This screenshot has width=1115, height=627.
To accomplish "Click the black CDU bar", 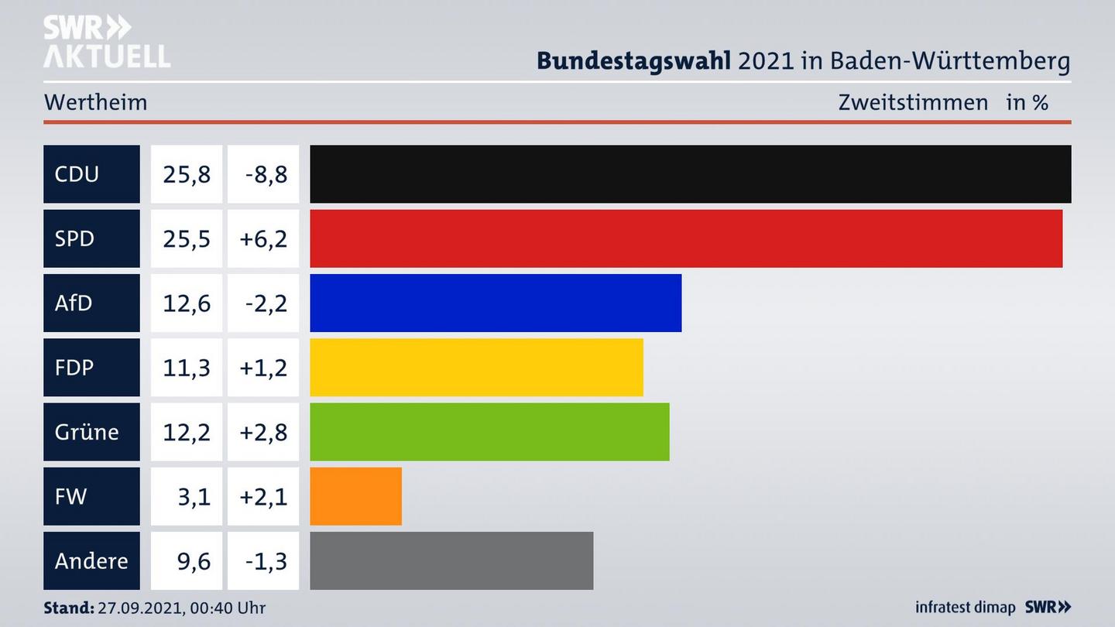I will click(x=690, y=174).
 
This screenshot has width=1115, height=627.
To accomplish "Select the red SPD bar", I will click(x=686, y=238).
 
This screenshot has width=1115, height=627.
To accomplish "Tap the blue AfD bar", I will click(x=496, y=303).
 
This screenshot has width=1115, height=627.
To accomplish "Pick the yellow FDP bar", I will click(x=476, y=367).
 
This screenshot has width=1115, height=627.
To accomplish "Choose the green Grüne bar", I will click(x=489, y=431).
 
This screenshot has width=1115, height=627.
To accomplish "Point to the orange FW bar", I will click(x=355, y=496).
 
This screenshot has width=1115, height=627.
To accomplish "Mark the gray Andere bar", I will click(x=451, y=560).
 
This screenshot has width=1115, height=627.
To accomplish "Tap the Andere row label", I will click(x=91, y=560).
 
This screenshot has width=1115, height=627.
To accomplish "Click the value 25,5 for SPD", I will click(x=187, y=238).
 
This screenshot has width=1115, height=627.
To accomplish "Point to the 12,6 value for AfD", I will click(x=187, y=303).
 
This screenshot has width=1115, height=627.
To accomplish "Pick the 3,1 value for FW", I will click(x=194, y=496).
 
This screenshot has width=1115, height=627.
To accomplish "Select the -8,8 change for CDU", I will click(x=266, y=174).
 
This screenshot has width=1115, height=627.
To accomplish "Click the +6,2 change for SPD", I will click(x=263, y=238).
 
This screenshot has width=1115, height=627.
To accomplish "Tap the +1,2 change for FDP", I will click(x=263, y=367).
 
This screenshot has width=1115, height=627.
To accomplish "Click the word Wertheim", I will click(x=95, y=102).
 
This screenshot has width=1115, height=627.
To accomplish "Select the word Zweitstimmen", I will click(x=913, y=102).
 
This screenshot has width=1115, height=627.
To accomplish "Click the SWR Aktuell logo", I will click(x=106, y=41).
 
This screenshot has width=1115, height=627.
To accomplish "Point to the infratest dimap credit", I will click(x=965, y=608).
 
